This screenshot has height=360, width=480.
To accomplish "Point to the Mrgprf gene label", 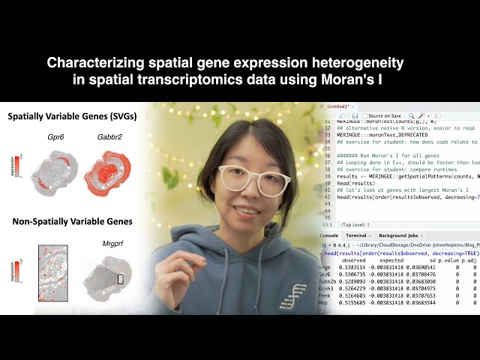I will (112, 244).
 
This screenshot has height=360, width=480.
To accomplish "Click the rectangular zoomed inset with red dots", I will (52, 273).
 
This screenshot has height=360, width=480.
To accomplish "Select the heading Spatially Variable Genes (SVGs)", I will (67, 118).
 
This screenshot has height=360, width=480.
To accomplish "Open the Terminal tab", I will (355, 235).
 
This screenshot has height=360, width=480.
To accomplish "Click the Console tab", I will (328, 235).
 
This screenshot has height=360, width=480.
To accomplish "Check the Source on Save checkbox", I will (364, 116).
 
